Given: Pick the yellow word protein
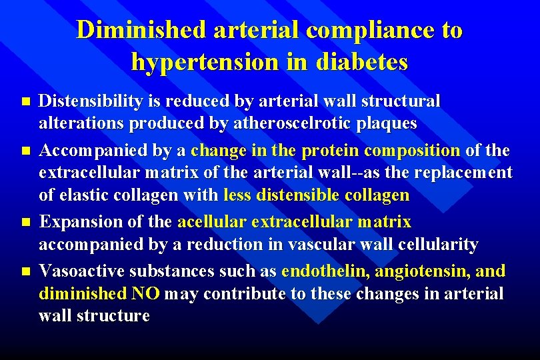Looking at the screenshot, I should click(331, 151).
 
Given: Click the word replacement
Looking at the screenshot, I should click(463, 173).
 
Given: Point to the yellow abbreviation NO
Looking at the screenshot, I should click(145, 294).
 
